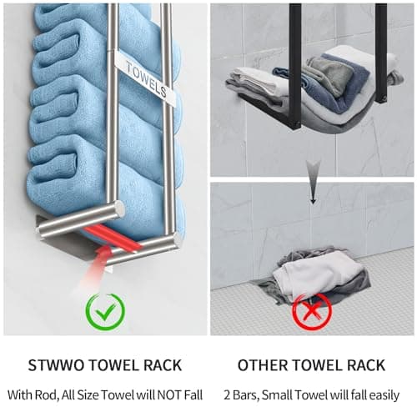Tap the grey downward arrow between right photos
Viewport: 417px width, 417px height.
point(314,182)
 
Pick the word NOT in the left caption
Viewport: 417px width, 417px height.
point(168,395)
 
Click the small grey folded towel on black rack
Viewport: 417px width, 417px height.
point(331,74)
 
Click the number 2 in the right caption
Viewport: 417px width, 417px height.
point(227,395)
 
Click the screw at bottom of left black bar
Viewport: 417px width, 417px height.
point(297,124)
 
